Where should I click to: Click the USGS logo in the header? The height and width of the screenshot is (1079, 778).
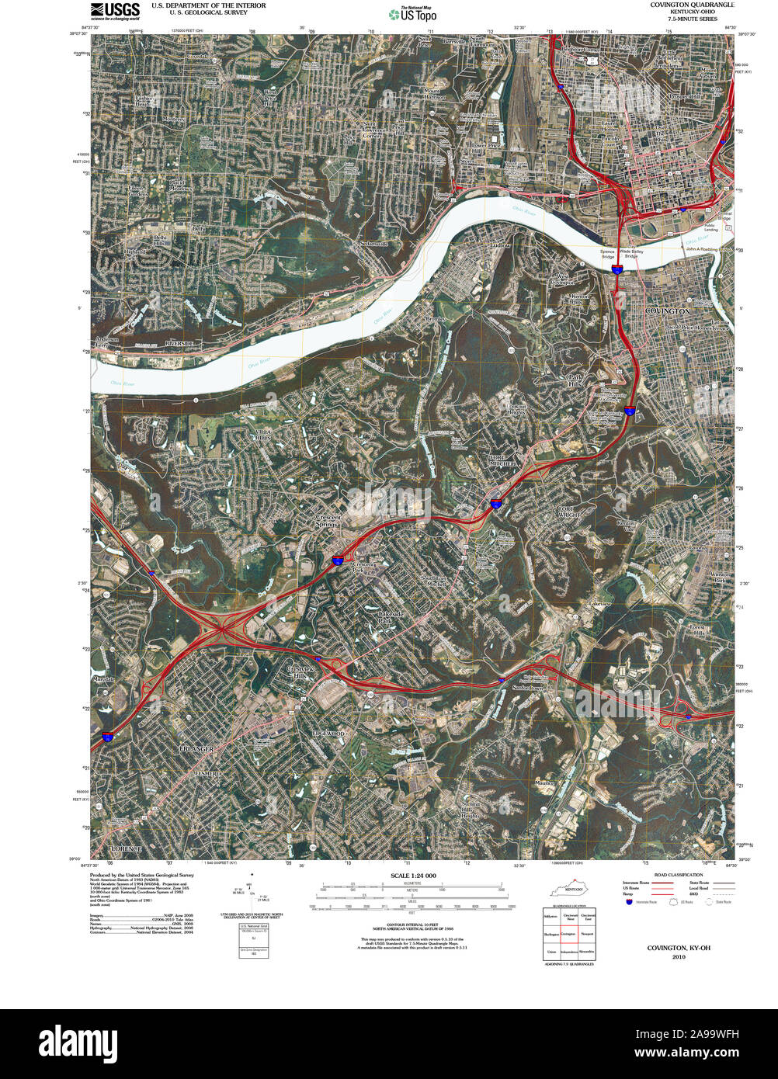[x=115, y=10]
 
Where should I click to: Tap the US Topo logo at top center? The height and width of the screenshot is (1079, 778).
[x=413, y=14]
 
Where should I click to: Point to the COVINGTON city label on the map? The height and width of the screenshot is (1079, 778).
[x=667, y=311]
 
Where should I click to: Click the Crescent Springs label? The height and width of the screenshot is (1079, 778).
[x=327, y=521]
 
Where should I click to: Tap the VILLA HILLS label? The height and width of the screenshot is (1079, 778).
[x=261, y=434]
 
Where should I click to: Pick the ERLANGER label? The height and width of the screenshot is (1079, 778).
[x=196, y=749]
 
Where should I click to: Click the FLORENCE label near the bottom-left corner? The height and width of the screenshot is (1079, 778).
[x=125, y=850]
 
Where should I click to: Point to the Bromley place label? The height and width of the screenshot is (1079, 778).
[x=436, y=319]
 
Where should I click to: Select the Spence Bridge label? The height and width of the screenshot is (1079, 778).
[x=607, y=254]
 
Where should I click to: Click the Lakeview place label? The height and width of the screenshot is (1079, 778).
[x=600, y=604]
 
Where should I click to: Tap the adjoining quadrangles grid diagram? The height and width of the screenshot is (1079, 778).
[x=570, y=934]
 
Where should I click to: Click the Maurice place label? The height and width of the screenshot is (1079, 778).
[x=544, y=783]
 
